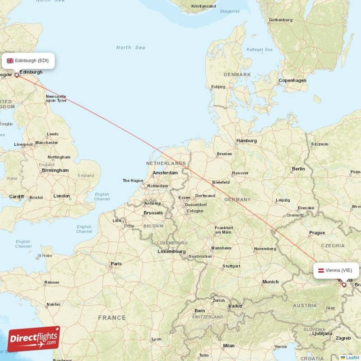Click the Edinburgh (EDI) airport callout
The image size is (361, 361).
tap(28, 60)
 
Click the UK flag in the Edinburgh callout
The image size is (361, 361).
tap(10, 60)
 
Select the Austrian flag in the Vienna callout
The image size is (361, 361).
tap(320, 270)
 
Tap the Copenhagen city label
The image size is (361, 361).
tap(292, 81)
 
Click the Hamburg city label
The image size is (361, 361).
tap(246, 141)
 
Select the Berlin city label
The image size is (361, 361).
tap(298, 169)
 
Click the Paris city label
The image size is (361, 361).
tap(116, 264)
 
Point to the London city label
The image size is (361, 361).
tap(62, 196)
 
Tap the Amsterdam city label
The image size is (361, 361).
tap(165, 173)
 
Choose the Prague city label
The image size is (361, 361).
tap(317, 233)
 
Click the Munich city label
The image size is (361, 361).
tap(270, 282)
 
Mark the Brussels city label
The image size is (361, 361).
tap(153, 213)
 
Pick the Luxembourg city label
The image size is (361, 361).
tap(171, 251)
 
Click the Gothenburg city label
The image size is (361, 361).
tap(281, 20)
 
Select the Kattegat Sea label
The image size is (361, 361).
tap(259, 50)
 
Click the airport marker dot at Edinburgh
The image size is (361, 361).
tap(17, 75)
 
